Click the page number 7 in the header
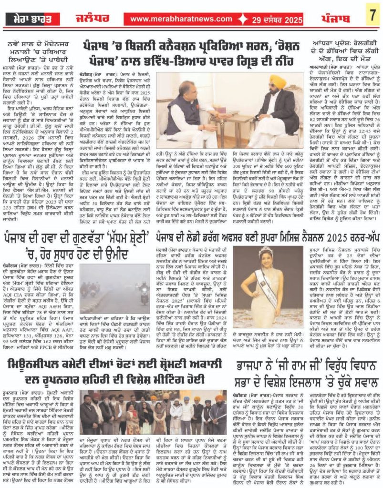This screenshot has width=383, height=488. click(372, 18)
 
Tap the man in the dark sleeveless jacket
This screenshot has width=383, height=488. click(191, 119)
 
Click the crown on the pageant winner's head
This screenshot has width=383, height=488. click(265, 252)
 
